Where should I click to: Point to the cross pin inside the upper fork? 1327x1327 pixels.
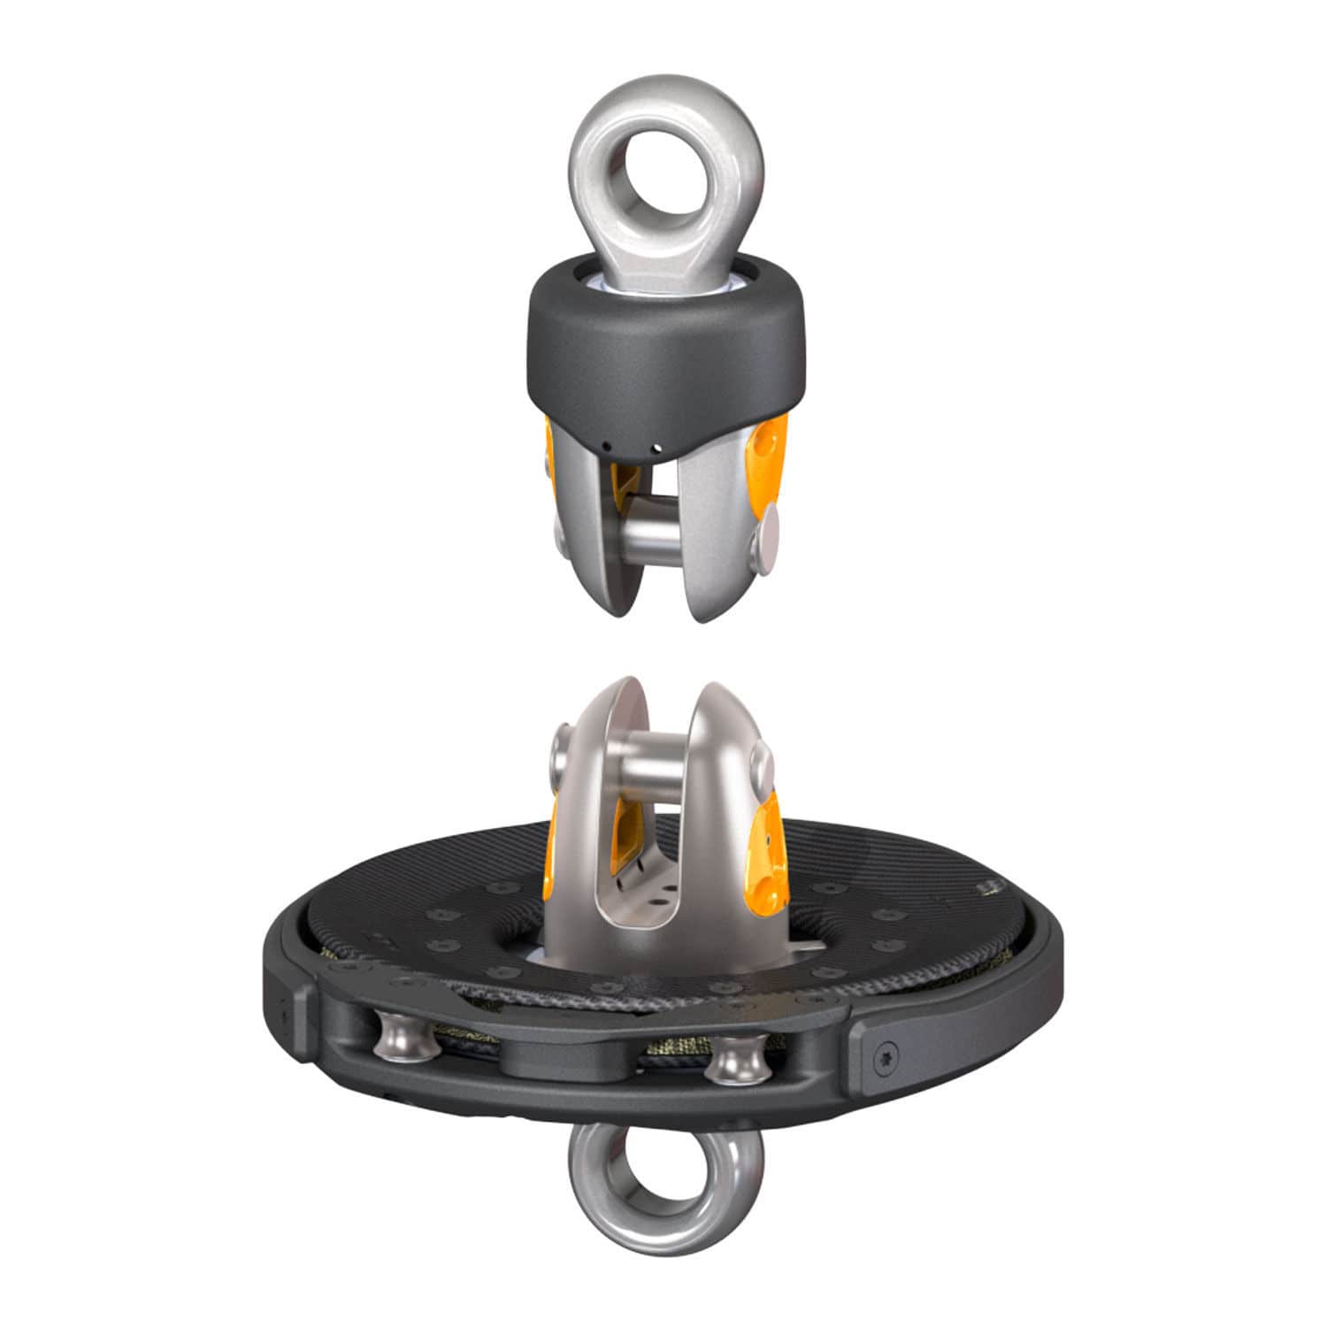pos(651,536)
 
